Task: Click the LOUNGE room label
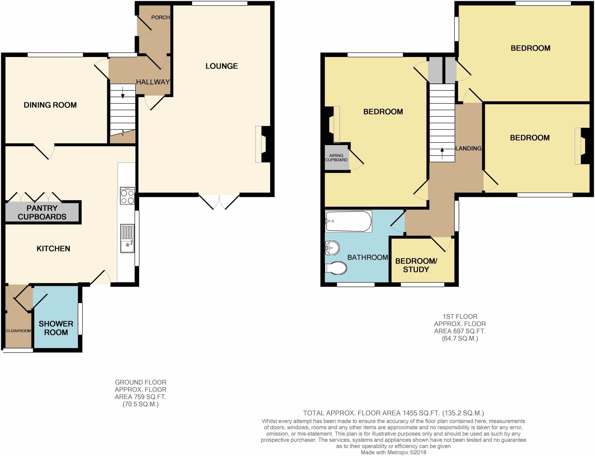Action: (222, 66)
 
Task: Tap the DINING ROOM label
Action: (50, 105)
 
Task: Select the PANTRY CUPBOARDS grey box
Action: (42, 213)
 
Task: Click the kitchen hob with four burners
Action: (127, 196)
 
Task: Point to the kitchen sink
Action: (127, 238)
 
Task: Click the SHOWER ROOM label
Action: (56, 328)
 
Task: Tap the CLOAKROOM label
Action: (18, 331)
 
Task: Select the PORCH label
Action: (160, 17)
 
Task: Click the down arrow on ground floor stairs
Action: (123, 93)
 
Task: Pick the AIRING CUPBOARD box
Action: (336, 158)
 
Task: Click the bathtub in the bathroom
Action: (348, 221)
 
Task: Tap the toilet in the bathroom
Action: (336, 268)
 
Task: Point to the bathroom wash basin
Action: (332, 248)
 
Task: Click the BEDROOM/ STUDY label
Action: (416, 265)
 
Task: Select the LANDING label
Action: (468, 148)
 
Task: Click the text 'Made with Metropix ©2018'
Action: (393, 453)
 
